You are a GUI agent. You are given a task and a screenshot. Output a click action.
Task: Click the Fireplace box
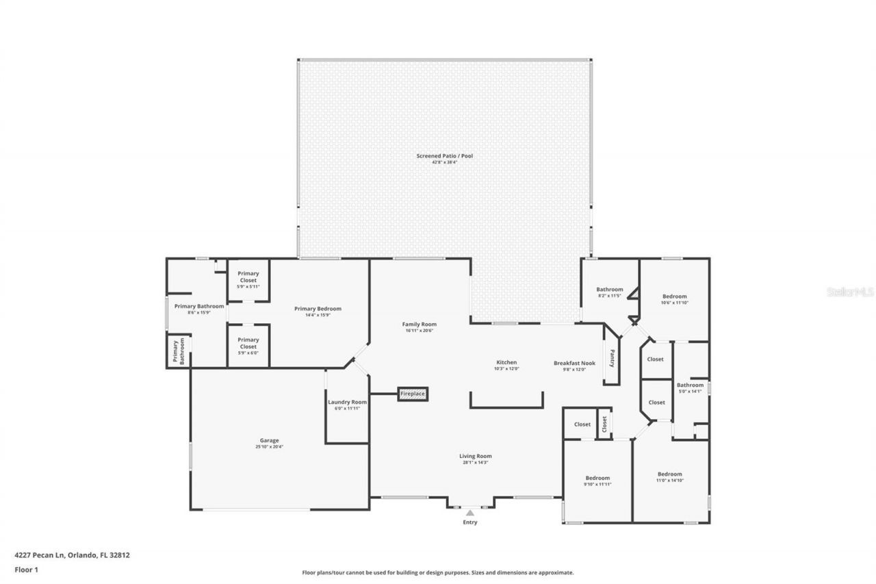413,394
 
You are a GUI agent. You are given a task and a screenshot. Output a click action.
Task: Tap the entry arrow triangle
469,512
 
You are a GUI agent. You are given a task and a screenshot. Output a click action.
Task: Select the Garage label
269,441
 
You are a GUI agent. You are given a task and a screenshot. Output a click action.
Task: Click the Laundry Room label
347,403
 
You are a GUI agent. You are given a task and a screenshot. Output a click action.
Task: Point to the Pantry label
613,358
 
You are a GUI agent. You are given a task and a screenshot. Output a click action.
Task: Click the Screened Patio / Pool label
444,156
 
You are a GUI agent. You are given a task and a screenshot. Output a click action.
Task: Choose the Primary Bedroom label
318,309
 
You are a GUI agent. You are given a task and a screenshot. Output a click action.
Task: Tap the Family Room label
419,325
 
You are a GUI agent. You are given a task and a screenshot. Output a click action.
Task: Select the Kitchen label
506,363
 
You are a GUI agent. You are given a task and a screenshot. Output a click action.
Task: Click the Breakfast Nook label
574,363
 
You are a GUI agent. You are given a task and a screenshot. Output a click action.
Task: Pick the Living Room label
475,456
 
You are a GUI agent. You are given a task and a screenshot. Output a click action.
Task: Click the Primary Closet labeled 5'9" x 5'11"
248,277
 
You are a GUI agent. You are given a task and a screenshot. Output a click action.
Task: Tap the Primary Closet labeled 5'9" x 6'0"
248,342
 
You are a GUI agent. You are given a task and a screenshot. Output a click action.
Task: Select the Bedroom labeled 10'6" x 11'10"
674,296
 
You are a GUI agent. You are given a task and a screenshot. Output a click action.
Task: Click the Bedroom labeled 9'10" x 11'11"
597,478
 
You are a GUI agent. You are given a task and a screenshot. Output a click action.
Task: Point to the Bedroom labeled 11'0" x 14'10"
669,474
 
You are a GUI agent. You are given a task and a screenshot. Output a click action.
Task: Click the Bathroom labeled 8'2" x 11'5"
609,290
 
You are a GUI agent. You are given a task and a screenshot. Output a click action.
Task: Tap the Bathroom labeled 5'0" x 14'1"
690,385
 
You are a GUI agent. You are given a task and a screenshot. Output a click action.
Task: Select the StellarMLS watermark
850,292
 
